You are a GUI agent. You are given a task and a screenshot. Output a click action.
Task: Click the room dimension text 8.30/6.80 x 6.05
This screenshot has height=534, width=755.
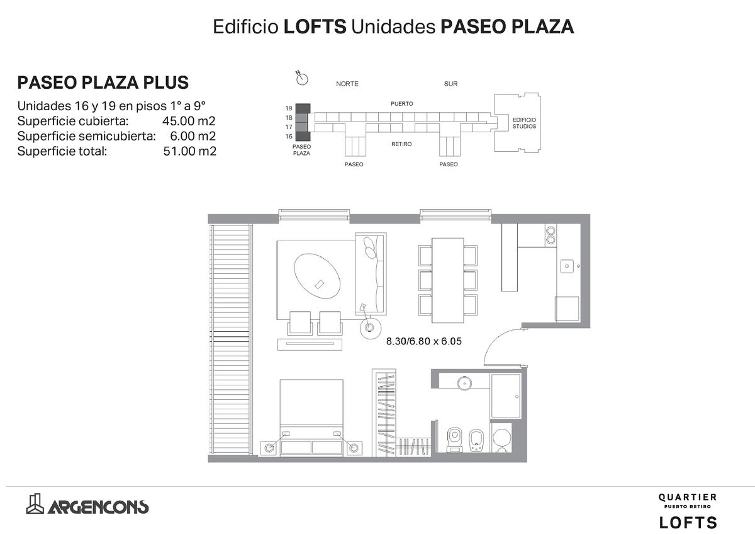[x=423, y=341]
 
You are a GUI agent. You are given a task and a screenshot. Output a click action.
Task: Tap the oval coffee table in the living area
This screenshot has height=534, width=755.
[x=316, y=276]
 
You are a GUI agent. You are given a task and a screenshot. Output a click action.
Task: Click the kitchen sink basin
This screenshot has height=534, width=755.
[x=567, y=266]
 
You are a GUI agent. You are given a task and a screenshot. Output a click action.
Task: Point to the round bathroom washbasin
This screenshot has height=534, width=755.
[x=464, y=383]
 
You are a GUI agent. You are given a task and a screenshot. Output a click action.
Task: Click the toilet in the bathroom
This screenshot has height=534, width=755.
[x=455, y=439]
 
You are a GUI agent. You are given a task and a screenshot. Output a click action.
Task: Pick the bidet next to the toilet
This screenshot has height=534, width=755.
[x=476, y=440]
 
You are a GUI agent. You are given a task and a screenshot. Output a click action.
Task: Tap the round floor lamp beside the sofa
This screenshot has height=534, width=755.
[x=370, y=327]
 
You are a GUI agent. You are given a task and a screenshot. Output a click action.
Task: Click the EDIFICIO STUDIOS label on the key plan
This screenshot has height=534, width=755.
[x=524, y=123]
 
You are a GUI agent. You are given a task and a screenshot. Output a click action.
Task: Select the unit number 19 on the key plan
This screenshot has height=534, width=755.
[x=289, y=108]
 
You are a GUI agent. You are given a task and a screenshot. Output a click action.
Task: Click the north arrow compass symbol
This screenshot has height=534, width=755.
[x=301, y=78]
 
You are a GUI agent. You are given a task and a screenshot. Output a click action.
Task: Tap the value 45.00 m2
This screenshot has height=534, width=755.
[x=189, y=121]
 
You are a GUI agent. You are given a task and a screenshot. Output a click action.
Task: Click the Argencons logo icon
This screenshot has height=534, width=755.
[x=35, y=504]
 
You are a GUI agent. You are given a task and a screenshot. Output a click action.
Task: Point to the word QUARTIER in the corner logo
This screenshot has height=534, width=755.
[x=688, y=497]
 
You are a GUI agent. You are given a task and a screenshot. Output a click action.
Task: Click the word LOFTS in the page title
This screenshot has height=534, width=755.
[x=315, y=26]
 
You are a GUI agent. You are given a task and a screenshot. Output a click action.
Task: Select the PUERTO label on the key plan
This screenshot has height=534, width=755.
[x=402, y=103]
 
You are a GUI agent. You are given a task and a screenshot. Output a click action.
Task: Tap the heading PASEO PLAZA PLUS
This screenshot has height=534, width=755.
[x=103, y=82]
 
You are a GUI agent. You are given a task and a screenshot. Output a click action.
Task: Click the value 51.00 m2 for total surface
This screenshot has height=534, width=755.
[x=190, y=151]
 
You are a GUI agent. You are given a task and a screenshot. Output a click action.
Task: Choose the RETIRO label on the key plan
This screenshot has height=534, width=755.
[x=401, y=144]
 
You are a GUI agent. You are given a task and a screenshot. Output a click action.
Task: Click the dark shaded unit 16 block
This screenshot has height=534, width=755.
[x=303, y=136]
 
